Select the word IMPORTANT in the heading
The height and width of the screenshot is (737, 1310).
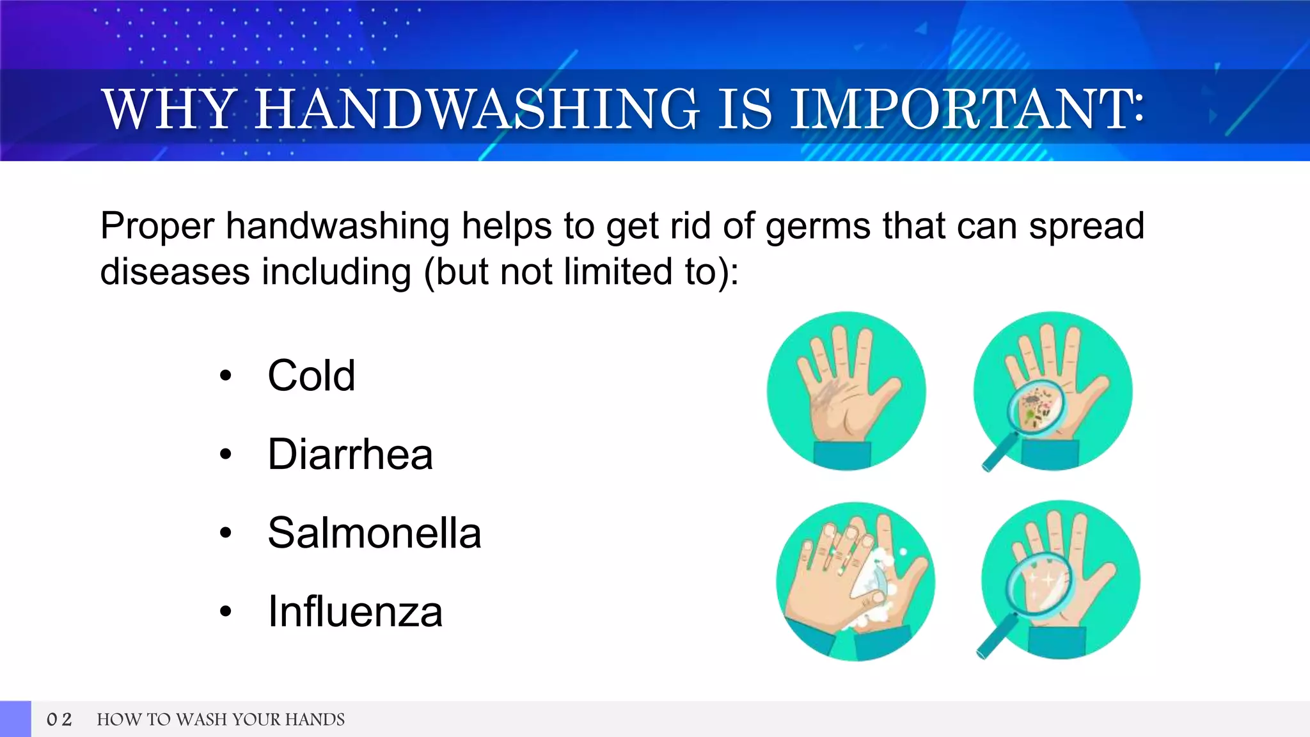click(963, 110)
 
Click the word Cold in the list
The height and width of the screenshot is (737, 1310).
click(311, 376)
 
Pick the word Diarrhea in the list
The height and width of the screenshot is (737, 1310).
click(350, 454)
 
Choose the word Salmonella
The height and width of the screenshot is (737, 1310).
click(374, 533)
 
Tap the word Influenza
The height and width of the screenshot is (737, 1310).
click(355, 612)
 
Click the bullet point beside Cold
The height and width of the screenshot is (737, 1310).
click(225, 376)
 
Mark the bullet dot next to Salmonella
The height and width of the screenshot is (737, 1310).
click(225, 533)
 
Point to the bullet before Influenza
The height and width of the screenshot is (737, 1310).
click(225, 612)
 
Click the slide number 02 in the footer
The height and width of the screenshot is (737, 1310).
click(59, 720)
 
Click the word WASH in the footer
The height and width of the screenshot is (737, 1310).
click(202, 720)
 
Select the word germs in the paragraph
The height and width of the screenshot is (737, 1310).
click(818, 226)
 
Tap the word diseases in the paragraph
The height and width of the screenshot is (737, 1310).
click(175, 272)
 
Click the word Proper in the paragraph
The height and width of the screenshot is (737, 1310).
click(157, 226)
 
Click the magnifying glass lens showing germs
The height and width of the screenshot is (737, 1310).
click(1037, 408)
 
